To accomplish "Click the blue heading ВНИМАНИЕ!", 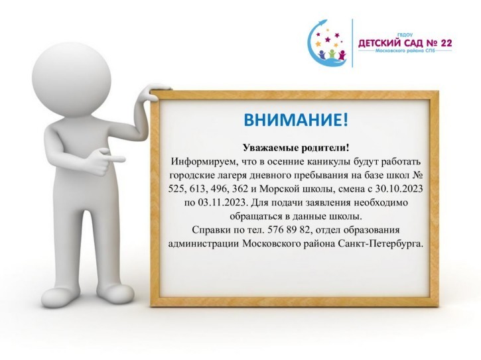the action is coord(296,120).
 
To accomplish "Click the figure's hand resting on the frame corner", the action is coord(155,92).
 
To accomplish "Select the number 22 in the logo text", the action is coord(446,43).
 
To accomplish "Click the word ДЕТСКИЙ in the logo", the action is coord(379,43).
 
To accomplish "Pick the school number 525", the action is coord(177,189).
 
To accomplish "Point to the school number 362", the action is coord(240,189).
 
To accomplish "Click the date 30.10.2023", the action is coord(399,189).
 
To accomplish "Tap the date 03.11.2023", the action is coord(220,203).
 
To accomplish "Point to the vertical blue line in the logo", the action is coord(352,43).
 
